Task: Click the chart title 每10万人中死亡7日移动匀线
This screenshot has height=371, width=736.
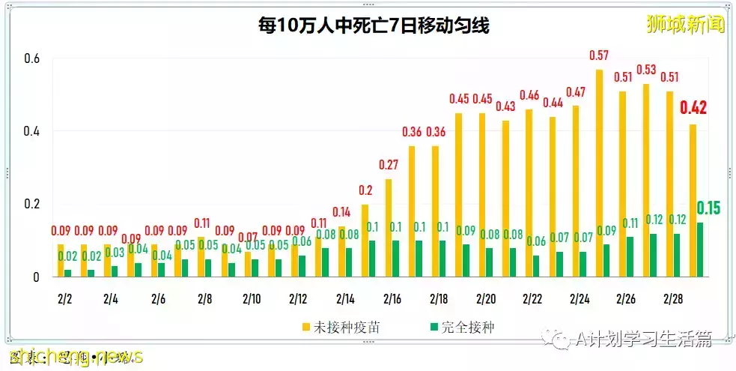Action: tap(374, 26)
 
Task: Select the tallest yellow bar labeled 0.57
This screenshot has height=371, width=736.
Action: tap(599, 172)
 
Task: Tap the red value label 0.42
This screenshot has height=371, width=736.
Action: tap(693, 108)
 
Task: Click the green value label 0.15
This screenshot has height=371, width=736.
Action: tap(708, 208)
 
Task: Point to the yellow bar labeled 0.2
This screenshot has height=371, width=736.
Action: tap(365, 240)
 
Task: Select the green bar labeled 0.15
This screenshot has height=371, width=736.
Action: tap(700, 250)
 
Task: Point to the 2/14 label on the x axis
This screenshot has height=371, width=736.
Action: tap(345, 299)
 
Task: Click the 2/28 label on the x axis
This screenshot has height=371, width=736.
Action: tap(672, 299)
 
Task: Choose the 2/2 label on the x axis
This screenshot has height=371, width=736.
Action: tap(64, 299)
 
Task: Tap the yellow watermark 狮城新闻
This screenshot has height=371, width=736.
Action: tap(686, 24)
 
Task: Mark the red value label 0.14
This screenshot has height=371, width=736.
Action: tap(341, 211)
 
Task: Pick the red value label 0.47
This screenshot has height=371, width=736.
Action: tap(576, 92)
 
